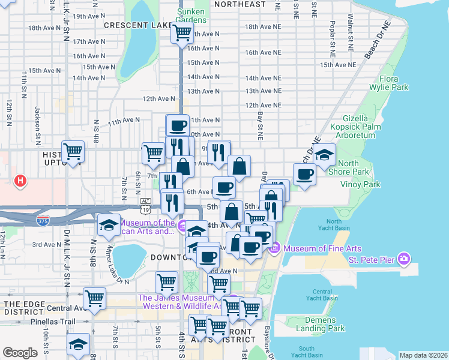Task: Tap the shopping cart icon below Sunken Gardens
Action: pos(181,33)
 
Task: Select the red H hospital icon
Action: pos(21,179)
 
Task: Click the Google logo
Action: pos(20,352)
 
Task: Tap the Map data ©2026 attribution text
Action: pos(423,355)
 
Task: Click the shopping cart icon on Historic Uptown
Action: pos(73,151)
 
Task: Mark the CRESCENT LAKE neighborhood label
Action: pos(137,25)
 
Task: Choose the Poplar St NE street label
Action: pos(332,36)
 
